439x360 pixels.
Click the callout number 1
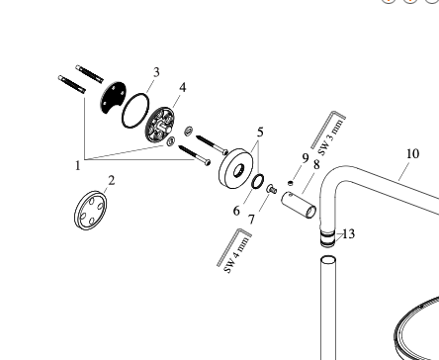tap(78, 165)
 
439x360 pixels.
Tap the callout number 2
tap(112, 181)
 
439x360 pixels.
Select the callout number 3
tap(156, 72)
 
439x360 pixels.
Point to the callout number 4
tap(183, 88)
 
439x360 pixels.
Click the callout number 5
tap(260, 133)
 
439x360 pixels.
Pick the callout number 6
tap(236, 211)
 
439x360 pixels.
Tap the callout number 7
tap(251, 220)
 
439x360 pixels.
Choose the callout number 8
tap(316, 164)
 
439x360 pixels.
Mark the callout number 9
tap(306, 158)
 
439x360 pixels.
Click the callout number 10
tap(412, 153)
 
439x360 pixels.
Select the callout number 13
tap(349, 234)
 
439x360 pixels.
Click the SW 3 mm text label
tap(331, 137)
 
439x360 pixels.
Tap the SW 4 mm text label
tap(237, 254)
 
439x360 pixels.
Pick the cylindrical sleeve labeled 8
tap(299, 205)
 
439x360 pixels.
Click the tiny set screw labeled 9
tap(290, 183)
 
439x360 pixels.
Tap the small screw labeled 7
tap(272, 189)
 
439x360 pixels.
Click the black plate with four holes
tap(113, 96)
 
